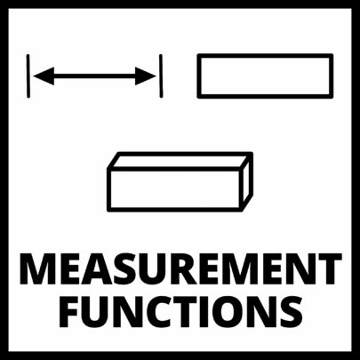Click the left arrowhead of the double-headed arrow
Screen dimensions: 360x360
pyautogui.click(x=44, y=76)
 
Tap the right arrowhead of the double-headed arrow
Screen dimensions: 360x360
pyautogui.click(x=146, y=76)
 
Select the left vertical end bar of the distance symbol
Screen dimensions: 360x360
pyautogui.click(x=28, y=76)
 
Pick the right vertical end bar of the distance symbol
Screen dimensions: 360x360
pyautogui.click(x=161, y=76)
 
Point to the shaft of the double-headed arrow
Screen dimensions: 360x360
pyautogui.click(x=95, y=76)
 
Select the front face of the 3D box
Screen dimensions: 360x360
pyautogui.click(x=175, y=189)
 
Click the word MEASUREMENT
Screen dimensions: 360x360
pyautogui.click(x=180, y=269)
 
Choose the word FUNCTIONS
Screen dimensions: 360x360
pyautogui.click(x=180, y=311)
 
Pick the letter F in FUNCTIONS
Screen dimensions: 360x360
pyautogui.click(x=69, y=311)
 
